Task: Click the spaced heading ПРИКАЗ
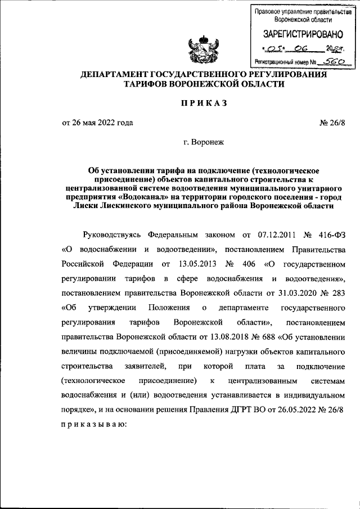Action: coord(204,102)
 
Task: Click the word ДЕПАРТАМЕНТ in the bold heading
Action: coord(115,74)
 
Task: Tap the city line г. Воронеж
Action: coord(204,143)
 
